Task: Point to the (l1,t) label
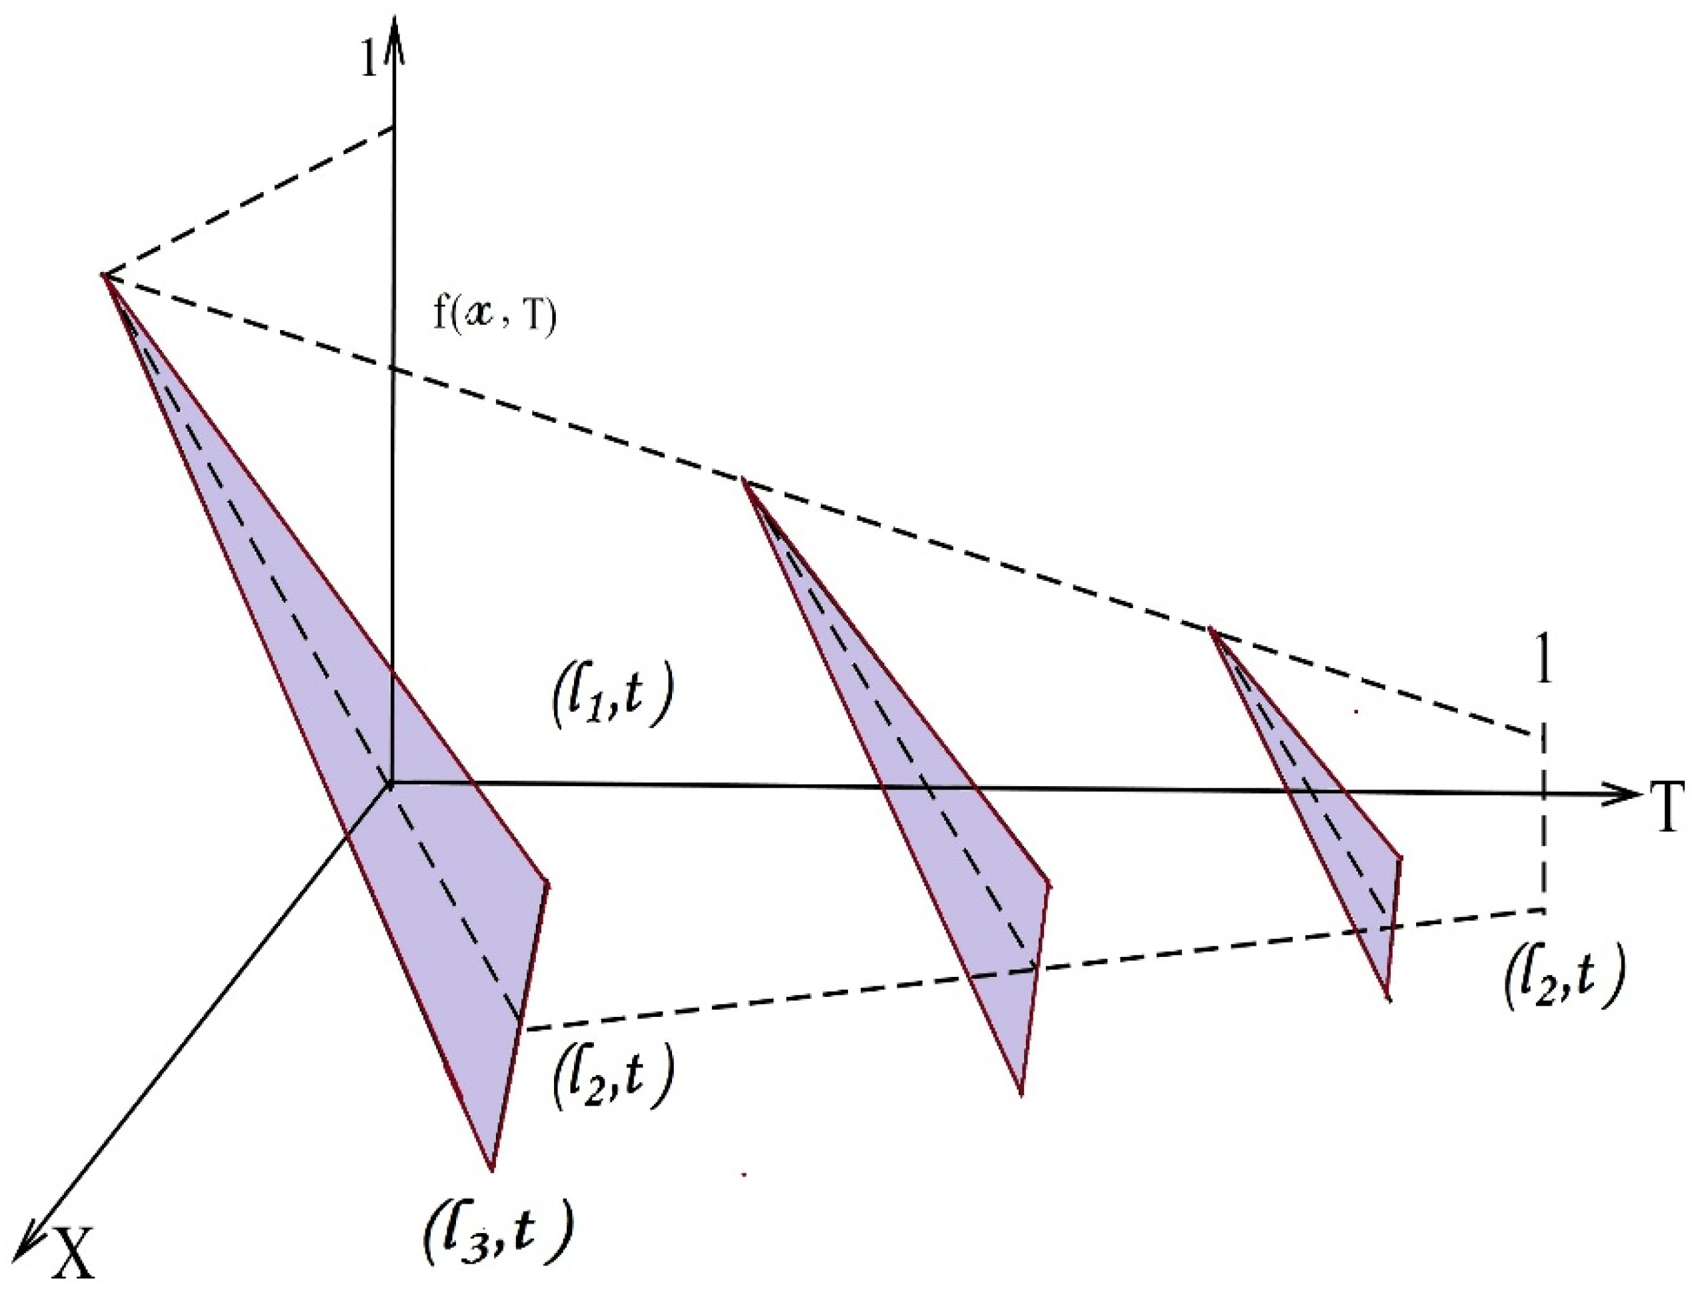(613, 703)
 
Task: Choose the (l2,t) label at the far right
(1564, 986)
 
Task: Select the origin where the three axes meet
(391, 784)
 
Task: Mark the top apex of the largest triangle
(105, 275)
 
